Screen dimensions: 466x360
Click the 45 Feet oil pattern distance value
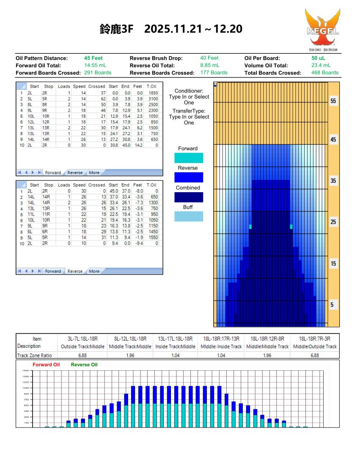tap(93, 58)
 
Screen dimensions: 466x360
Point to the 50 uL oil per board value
tap(319, 58)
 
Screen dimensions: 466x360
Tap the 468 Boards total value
tap(325, 72)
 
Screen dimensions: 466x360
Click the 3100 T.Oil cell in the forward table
tap(153, 98)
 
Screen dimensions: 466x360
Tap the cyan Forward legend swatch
tap(189, 158)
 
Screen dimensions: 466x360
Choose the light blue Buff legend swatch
tap(189, 216)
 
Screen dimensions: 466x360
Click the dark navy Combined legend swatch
tap(189, 197)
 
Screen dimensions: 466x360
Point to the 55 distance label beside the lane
tap(333, 102)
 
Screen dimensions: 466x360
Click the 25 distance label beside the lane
tap(333, 222)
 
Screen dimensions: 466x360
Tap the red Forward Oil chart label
tap(46, 364)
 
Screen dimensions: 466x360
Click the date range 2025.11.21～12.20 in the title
tap(193, 29)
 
